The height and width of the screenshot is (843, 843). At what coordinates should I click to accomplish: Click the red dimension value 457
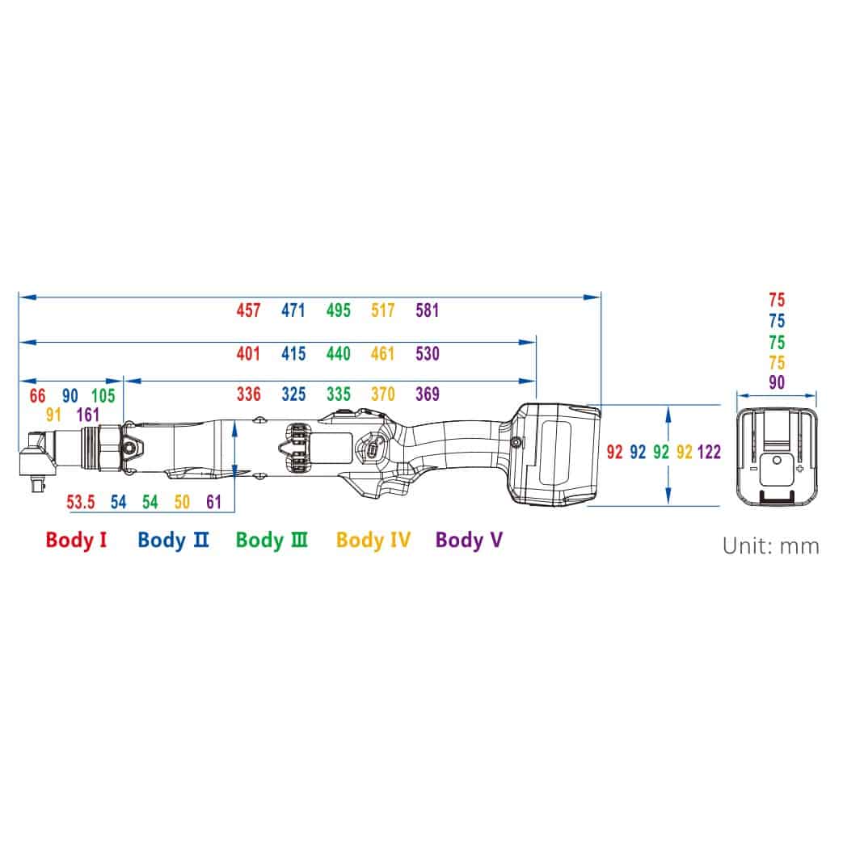point(248,310)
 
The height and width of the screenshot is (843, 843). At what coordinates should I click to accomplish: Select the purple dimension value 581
point(428,310)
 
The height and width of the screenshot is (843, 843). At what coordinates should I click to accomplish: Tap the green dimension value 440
point(338,354)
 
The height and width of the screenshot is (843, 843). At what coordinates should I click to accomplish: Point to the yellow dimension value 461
point(383,354)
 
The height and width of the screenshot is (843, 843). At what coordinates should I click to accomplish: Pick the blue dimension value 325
point(293,394)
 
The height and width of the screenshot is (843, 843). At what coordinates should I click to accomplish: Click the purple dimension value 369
point(428,394)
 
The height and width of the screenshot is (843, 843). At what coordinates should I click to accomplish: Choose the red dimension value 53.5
point(81,502)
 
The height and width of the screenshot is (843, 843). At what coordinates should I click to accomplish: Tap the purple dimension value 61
point(214,502)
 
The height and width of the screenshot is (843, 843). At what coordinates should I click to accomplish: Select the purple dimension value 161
point(88,415)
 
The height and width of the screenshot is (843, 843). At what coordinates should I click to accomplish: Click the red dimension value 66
point(38,396)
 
